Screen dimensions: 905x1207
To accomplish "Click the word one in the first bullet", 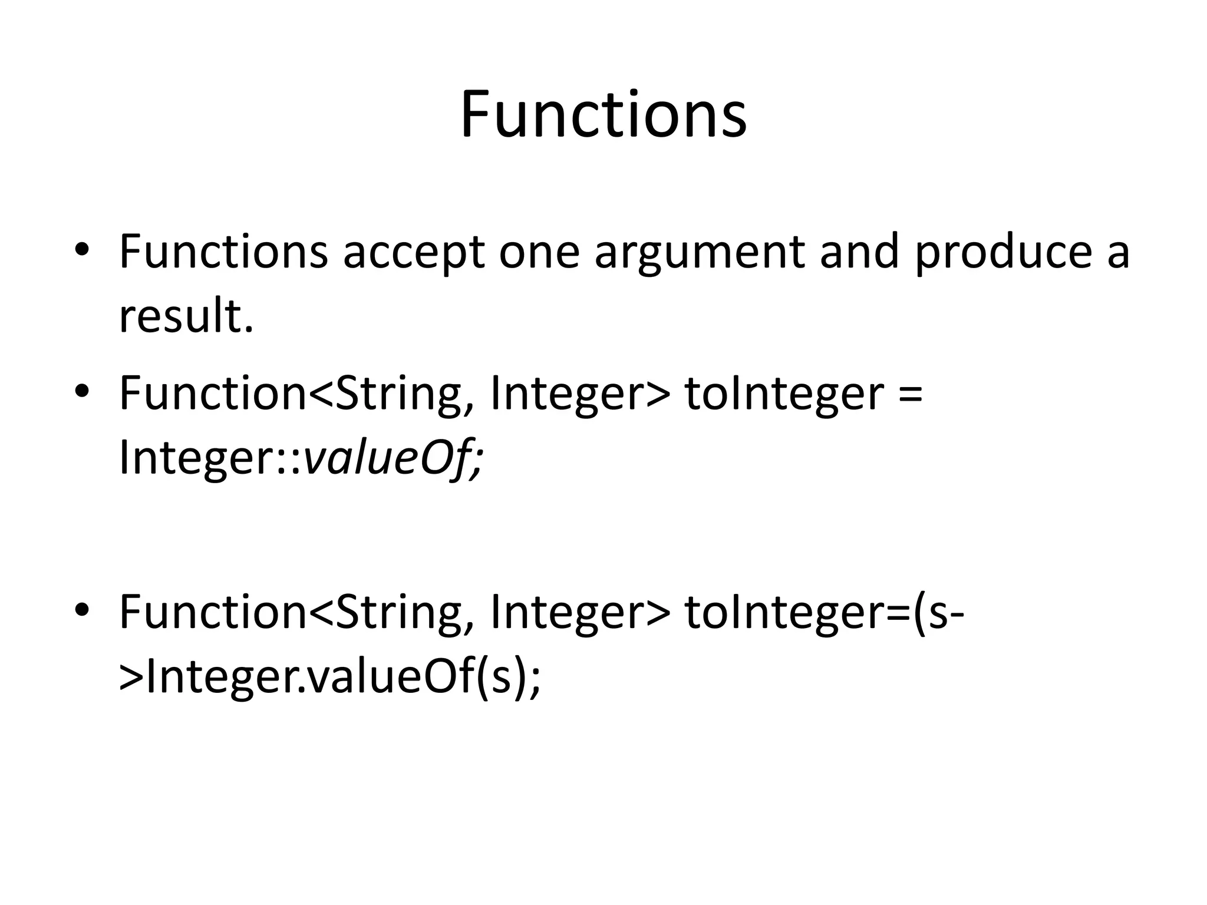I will tap(539, 252).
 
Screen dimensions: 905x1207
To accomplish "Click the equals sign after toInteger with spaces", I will tap(911, 394).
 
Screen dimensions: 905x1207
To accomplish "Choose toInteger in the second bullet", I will tap(784, 394).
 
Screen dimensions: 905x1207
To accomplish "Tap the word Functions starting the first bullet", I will tap(224, 252).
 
